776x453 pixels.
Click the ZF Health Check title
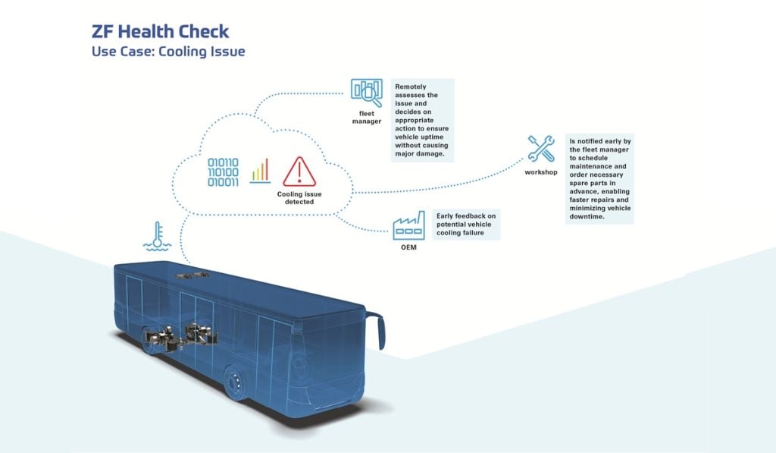pyautogui.click(x=159, y=32)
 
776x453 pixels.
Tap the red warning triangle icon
pyautogui.click(x=299, y=171)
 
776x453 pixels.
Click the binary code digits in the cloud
pyautogui.click(x=224, y=171)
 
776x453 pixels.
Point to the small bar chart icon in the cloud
pyautogui.click(x=260, y=171)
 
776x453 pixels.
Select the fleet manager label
pyautogui.click(x=366, y=118)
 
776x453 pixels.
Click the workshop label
pyautogui.click(x=541, y=173)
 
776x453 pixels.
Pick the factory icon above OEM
pyautogui.click(x=408, y=225)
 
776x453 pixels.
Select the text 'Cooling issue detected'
pyautogui.click(x=299, y=199)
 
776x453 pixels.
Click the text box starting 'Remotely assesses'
pyautogui.click(x=423, y=121)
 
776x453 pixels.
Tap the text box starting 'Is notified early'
pyautogui.click(x=600, y=179)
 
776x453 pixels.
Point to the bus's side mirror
pyautogui.click(x=379, y=331)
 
